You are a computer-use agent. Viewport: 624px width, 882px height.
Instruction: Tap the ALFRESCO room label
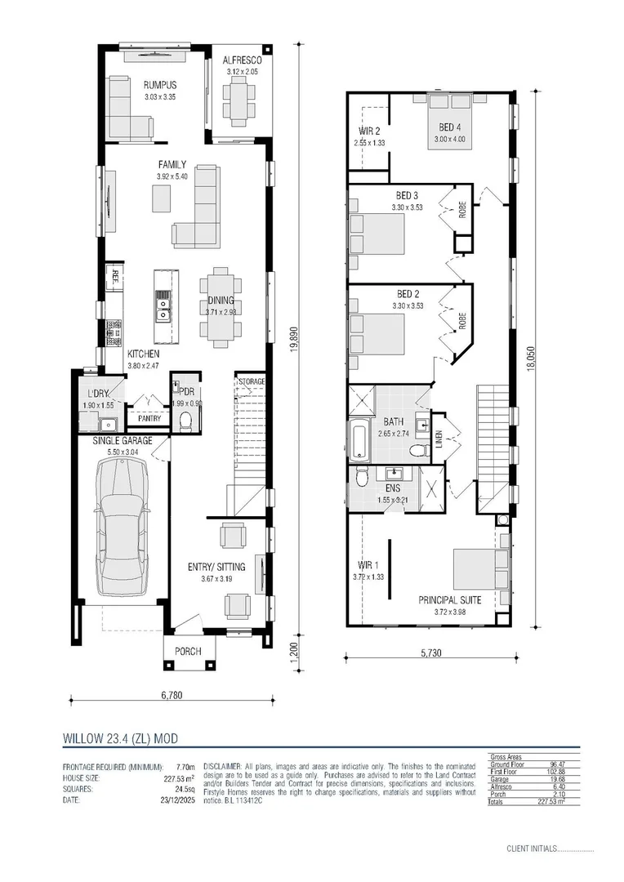(242, 60)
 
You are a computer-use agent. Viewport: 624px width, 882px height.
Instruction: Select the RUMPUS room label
(160, 86)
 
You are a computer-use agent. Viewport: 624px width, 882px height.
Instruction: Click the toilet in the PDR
(185, 421)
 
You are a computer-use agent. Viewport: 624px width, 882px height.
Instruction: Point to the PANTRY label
(149, 418)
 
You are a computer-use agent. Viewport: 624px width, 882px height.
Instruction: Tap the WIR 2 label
(369, 131)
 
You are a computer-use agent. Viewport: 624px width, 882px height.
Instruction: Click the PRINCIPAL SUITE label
(450, 599)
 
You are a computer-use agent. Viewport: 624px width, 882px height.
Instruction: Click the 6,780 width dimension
(171, 696)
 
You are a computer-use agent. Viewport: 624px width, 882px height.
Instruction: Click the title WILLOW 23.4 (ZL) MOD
(120, 737)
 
